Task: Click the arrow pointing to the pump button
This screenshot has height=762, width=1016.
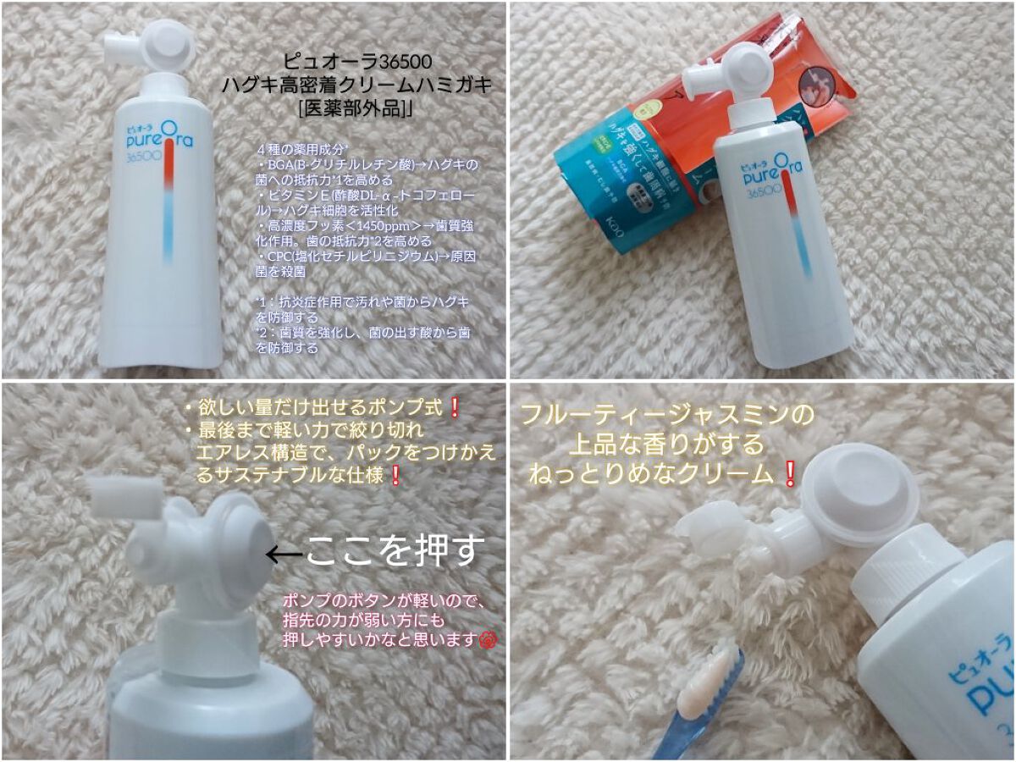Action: pyautogui.click(x=284, y=554)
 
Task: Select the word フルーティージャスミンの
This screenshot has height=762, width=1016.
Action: pyautogui.click(x=667, y=415)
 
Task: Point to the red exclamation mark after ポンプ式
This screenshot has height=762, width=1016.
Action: pyautogui.click(x=454, y=408)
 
